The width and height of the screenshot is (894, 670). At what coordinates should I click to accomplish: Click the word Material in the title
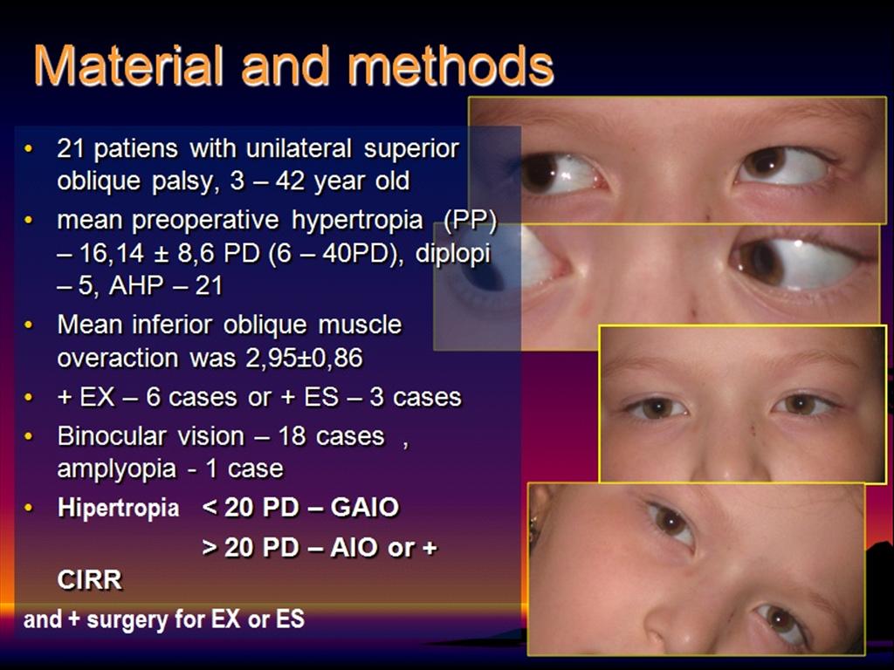[x=128, y=66]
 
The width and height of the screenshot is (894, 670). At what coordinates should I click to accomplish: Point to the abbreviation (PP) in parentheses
[x=470, y=221]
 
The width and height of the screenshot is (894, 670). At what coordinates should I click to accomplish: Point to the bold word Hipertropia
[x=118, y=509]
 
